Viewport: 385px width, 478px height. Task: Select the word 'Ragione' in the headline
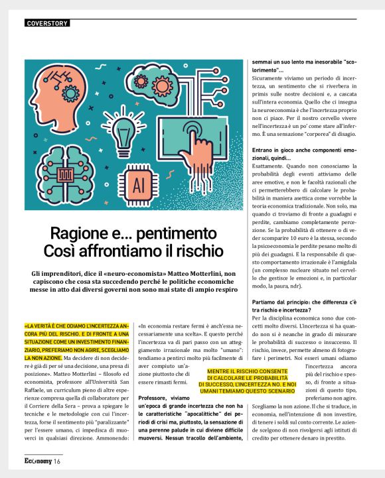tap(79, 234)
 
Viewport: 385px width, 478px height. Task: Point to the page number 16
tap(58, 461)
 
